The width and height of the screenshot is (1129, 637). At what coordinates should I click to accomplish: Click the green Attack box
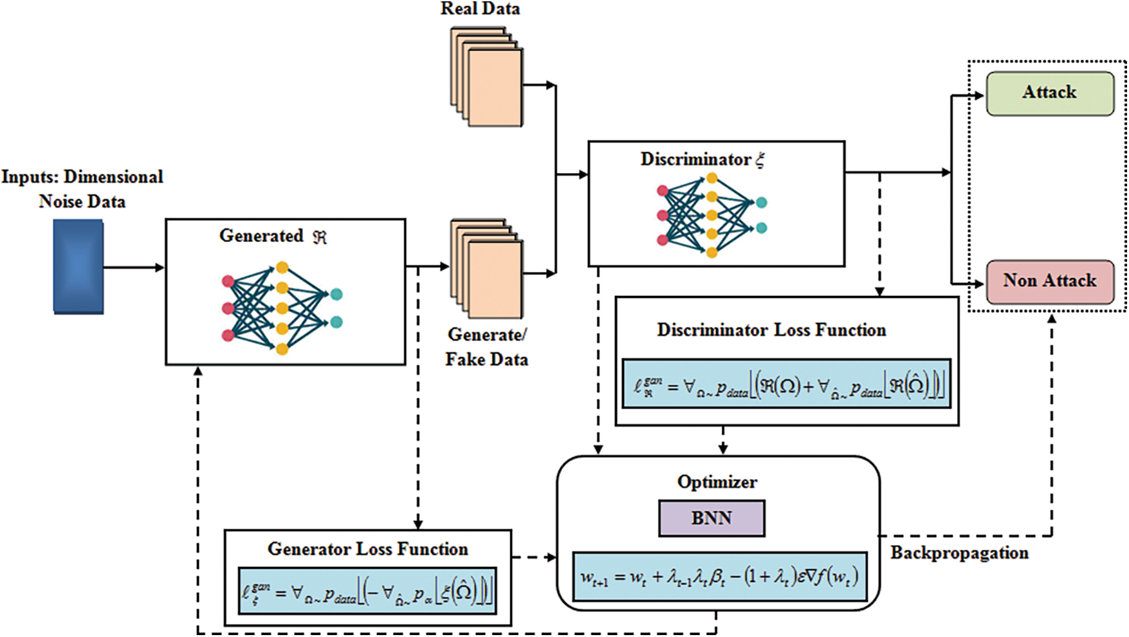coord(1049,93)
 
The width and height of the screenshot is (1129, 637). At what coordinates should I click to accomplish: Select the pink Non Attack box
coord(1049,281)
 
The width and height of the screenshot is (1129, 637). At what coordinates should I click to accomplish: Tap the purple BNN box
coord(711,518)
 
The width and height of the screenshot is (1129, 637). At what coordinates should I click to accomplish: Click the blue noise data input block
coord(78,266)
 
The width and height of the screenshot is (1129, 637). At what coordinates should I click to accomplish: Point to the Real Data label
coord(480,9)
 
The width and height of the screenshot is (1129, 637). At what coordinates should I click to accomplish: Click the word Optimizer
coord(717,482)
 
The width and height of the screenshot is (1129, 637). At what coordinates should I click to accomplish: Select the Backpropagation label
coord(959,553)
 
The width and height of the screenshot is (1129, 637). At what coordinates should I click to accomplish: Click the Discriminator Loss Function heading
coord(771,330)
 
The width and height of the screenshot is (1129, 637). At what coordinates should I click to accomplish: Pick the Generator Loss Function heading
coord(367,549)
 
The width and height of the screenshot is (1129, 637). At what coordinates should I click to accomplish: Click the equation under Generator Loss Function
coord(367,591)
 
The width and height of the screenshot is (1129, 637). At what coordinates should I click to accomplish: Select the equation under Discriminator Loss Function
coord(786,384)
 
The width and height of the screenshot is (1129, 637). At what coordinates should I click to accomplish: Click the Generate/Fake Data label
coord(486,347)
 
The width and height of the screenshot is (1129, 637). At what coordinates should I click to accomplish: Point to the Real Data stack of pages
coord(487,76)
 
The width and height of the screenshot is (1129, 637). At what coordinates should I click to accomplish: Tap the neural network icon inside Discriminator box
coord(711,215)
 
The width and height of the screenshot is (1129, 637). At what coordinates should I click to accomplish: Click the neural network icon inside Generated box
coord(281,308)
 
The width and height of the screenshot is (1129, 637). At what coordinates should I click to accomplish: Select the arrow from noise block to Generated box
coord(133,267)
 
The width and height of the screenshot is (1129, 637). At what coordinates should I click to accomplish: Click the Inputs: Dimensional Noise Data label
coord(82,189)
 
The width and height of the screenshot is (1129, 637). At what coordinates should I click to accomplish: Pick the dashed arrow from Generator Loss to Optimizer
coord(534,557)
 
